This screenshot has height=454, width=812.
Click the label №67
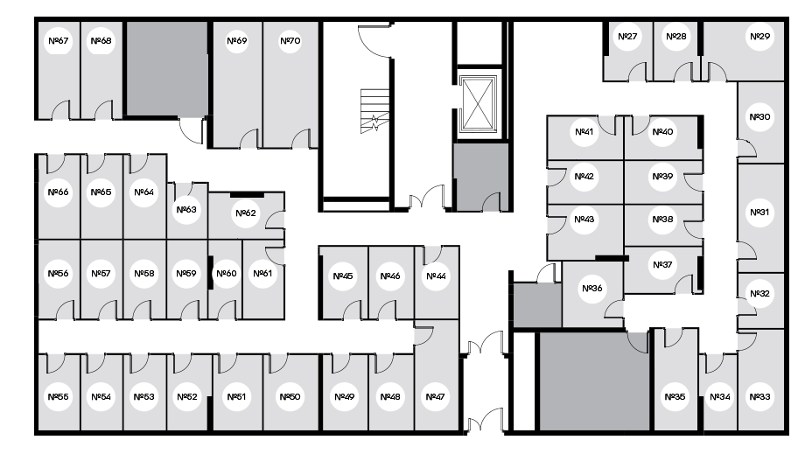(x=58, y=41)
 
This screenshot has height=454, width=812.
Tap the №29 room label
(x=759, y=36)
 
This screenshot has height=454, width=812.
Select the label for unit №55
(x=58, y=397)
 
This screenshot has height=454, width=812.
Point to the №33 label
(x=759, y=397)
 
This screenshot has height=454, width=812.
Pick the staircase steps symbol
(x=374, y=111)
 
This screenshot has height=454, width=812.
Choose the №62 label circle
(x=246, y=213)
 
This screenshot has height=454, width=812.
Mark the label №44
(x=436, y=276)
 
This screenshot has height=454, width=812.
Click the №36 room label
(x=591, y=289)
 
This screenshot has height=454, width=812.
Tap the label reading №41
(x=584, y=132)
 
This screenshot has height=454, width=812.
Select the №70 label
(x=290, y=41)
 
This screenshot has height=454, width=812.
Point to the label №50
(x=290, y=397)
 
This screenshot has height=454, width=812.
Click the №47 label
(x=435, y=397)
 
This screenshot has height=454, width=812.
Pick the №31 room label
(x=759, y=213)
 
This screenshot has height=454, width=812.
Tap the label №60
(x=227, y=273)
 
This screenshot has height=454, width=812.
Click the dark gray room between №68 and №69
(x=167, y=68)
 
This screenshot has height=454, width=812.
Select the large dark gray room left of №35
(x=593, y=381)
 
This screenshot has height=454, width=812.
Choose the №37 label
(x=662, y=265)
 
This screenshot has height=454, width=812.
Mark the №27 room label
(x=627, y=36)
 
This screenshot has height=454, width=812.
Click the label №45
(x=343, y=276)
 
